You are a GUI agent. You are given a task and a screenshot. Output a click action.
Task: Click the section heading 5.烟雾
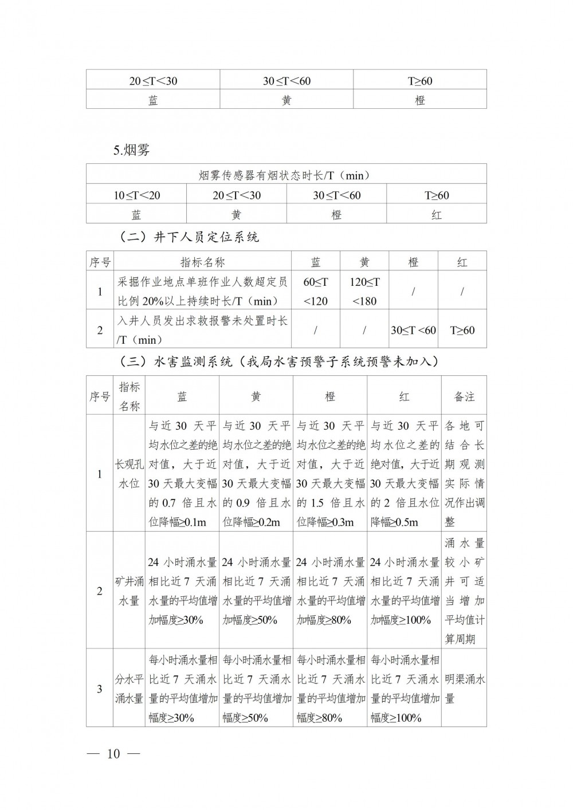click(x=132, y=151)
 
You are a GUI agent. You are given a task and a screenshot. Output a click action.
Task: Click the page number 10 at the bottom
click(x=113, y=753)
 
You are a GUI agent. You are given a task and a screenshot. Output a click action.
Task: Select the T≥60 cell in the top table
click(x=420, y=81)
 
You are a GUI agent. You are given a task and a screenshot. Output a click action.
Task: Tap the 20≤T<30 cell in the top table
click(x=153, y=81)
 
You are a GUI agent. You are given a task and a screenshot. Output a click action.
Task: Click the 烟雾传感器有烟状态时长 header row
click(x=286, y=175)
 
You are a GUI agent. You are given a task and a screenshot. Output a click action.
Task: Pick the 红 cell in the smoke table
click(x=437, y=215)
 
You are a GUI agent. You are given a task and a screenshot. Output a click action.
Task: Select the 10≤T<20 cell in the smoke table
click(x=136, y=195)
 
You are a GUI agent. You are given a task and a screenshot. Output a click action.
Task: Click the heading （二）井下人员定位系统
click(x=189, y=237)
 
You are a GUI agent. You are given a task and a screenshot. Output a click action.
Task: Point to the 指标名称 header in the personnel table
click(x=203, y=262)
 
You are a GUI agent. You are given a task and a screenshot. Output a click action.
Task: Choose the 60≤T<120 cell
click(x=316, y=291)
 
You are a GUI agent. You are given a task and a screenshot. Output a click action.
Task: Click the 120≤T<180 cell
click(x=364, y=291)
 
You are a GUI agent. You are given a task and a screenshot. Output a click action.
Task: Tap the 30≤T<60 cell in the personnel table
click(x=413, y=330)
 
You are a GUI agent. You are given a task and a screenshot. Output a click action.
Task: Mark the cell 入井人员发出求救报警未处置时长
click(x=203, y=330)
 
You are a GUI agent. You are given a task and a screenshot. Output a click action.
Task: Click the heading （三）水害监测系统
click(x=278, y=361)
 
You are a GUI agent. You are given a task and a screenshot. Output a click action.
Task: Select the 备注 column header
click(x=464, y=396)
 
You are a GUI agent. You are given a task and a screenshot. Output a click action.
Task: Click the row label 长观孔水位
click(x=129, y=473)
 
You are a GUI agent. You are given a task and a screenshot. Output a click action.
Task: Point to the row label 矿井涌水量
click(x=129, y=591)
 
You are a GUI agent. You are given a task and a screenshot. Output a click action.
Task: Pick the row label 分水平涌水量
click(x=129, y=689)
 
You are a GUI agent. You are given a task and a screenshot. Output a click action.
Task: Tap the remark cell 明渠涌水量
click(x=464, y=689)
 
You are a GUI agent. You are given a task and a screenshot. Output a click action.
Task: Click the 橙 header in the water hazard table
click(x=330, y=396)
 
